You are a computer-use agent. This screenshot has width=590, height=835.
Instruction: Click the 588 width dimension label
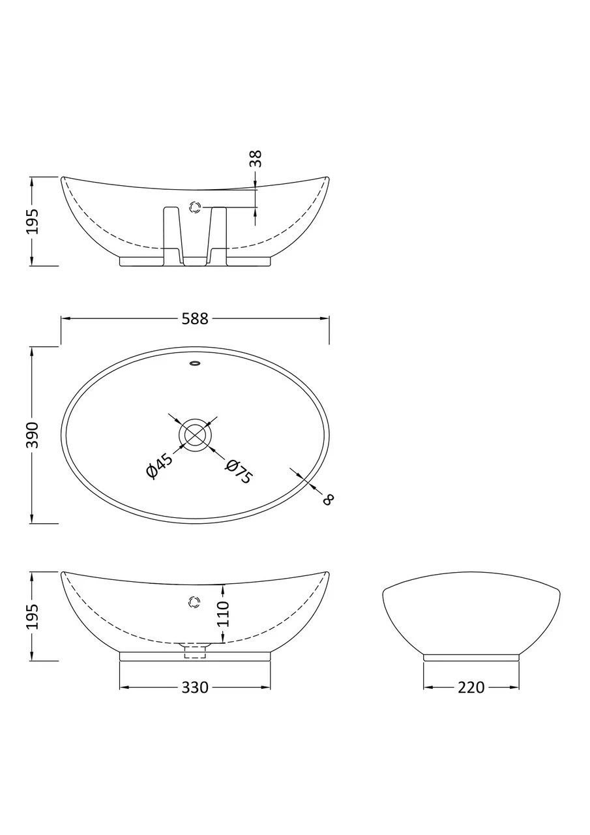click(x=195, y=319)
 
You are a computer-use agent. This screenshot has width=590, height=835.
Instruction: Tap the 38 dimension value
click(x=256, y=159)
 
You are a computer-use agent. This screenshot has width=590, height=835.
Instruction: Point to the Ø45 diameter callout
click(x=160, y=466)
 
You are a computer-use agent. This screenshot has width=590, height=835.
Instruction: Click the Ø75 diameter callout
click(x=238, y=471)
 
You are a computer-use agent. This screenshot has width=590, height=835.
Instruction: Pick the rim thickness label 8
click(x=328, y=499)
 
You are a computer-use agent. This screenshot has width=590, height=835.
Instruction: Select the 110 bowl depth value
click(x=223, y=614)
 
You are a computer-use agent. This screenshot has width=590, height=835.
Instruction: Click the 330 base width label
click(x=195, y=688)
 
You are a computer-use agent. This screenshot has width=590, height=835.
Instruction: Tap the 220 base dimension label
click(x=471, y=688)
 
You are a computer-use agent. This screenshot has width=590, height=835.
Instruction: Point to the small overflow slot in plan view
click(x=195, y=363)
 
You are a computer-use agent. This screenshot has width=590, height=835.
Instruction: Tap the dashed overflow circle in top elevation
click(x=195, y=208)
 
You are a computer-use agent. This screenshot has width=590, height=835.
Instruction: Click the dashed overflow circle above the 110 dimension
click(x=194, y=601)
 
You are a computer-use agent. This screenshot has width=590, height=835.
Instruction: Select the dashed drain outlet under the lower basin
click(x=195, y=652)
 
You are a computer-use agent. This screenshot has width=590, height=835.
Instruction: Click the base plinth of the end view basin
click(x=471, y=658)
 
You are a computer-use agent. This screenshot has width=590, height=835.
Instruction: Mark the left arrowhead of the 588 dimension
click(x=65, y=318)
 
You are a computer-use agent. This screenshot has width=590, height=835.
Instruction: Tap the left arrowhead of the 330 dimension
click(x=124, y=688)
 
